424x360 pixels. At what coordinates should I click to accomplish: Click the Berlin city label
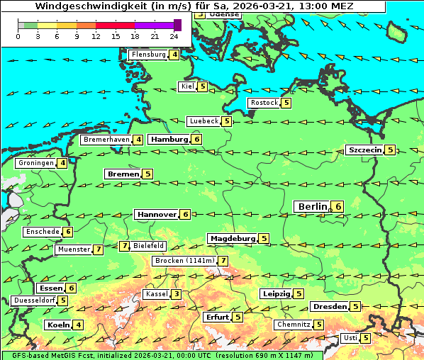(x=312, y=206)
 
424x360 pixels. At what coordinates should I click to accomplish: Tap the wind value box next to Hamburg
(x=197, y=140)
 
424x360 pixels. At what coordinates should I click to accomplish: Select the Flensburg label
(x=148, y=55)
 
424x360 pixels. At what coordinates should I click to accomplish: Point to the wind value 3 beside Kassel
(x=176, y=294)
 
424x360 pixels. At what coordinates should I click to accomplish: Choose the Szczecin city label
(x=364, y=150)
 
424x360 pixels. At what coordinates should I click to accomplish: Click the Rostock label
(x=264, y=103)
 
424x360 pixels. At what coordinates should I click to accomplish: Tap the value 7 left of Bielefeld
(x=125, y=246)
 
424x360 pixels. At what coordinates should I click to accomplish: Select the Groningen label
(x=36, y=163)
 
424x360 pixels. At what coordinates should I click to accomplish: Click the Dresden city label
(x=329, y=306)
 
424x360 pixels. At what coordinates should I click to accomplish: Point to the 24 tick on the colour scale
(x=174, y=36)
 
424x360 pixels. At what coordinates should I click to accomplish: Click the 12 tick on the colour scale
(x=96, y=36)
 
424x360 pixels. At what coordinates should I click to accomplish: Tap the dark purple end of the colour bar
(x=177, y=25)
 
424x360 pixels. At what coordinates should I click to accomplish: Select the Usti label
(x=350, y=338)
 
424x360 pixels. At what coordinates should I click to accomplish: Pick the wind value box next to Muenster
(x=98, y=249)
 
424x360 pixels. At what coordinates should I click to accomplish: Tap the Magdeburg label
(x=231, y=238)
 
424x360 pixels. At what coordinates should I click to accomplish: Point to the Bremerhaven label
(x=106, y=140)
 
